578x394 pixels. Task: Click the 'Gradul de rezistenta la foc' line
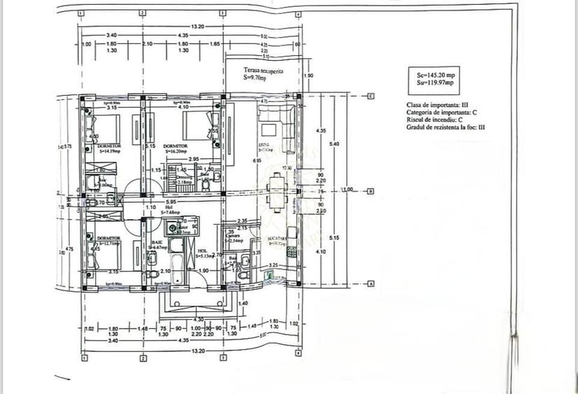[x=445, y=127]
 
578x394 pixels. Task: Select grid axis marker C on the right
[x=371, y=96]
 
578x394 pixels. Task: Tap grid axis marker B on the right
[x=371, y=190]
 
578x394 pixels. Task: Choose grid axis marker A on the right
[x=371, y=283]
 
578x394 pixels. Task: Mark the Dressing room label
[x=184, y=178]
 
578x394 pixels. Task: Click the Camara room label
[x=234, y=237]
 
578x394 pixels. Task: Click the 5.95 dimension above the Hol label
[x=170, y=202]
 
